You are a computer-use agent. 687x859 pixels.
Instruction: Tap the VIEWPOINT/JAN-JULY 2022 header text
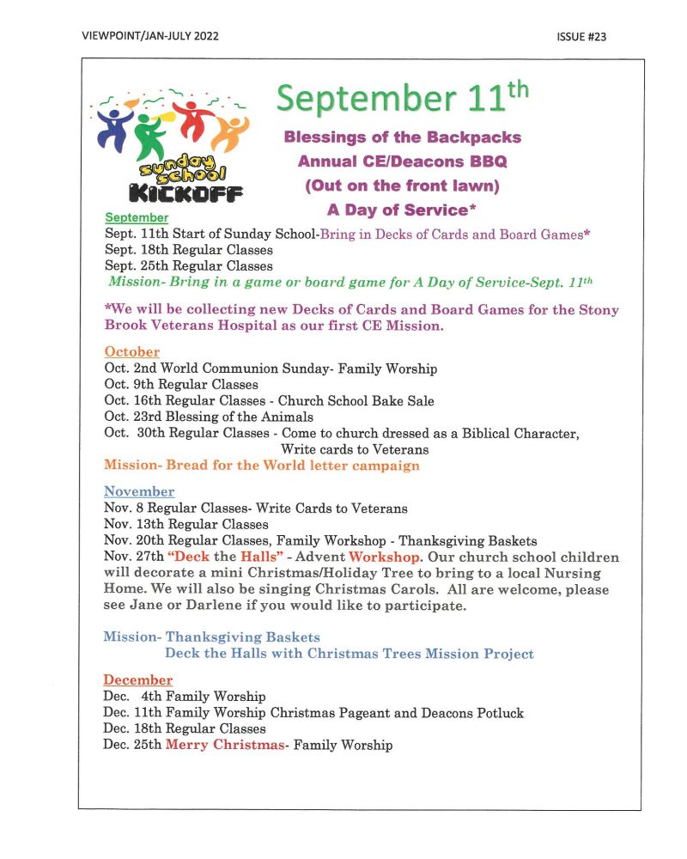pos(151,36)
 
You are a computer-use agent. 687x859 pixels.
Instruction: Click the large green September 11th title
pos(402,100)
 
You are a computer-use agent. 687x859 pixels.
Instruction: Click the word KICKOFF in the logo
pos(185,190)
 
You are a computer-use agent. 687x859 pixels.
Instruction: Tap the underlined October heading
pos(131,352)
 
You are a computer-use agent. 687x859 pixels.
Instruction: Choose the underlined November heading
pos(138,492)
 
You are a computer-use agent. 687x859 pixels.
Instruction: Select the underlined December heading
pos(137,680)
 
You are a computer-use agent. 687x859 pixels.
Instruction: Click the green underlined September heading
pos(137,218)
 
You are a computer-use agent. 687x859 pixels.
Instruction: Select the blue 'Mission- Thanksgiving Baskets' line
pos(211,637)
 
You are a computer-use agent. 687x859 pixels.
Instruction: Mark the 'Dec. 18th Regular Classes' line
pos(185,728)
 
